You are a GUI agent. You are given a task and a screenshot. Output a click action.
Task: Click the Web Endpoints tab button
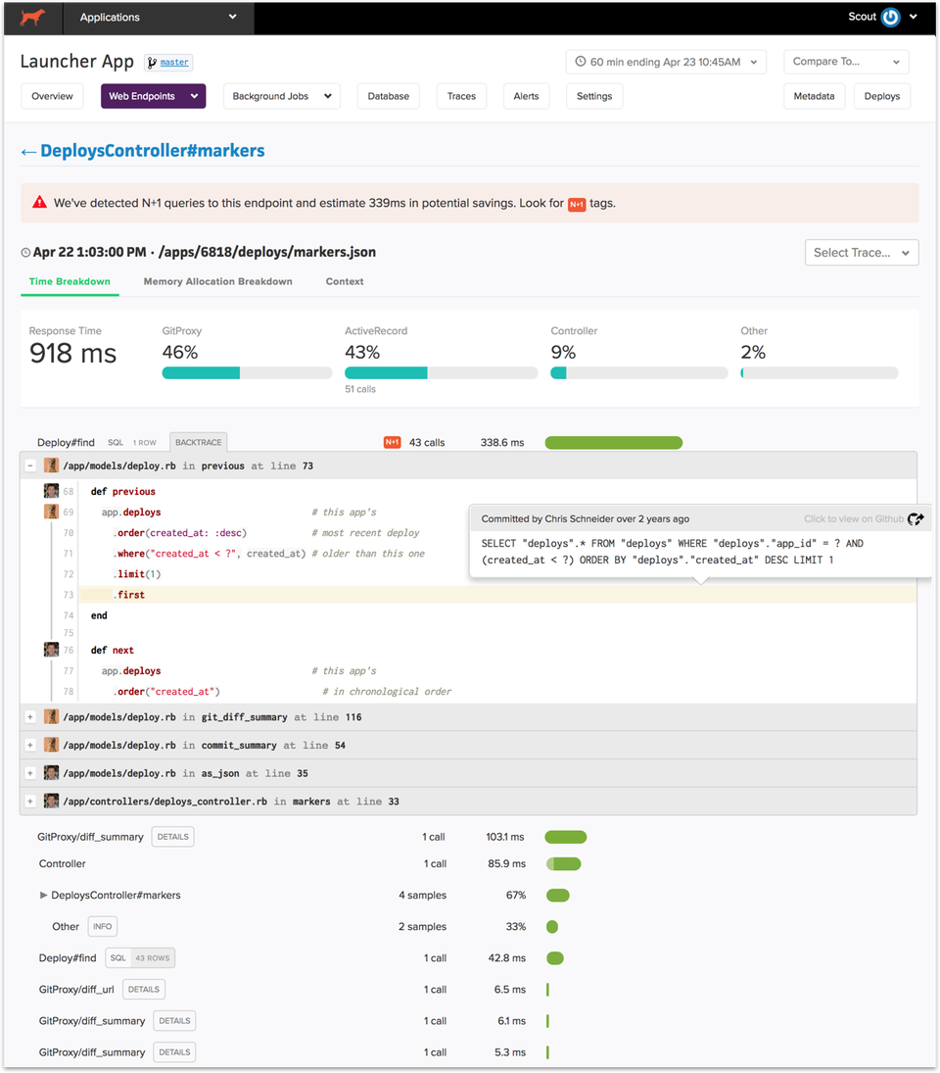pyautogui.click(x=153, y=96)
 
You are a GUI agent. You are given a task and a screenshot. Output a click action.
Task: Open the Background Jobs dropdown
pyautogui.click(x=281, y=96)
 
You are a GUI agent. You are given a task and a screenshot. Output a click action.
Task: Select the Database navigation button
pyautogui.click(x=389, y=96)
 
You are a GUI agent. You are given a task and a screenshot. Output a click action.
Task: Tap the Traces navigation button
pyautogui.click(x=461, y=96)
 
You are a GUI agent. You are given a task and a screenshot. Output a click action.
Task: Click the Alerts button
pyautogui.click(x=526, y=96)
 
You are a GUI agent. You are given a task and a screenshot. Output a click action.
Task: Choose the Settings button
pyautogui.click(x=594, y=96)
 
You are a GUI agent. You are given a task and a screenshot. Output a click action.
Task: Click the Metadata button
pyautogui.click(x=814, y=96)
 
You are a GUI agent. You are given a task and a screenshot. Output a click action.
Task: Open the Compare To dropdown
pyautogui.click(x=846, y=62)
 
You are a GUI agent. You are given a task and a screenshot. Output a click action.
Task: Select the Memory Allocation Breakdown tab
pyautogui.click(x=217, y=281)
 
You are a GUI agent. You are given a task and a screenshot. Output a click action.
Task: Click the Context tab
pyautogui.click(x=345, y=281)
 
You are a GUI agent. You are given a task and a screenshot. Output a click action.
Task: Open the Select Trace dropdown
pyautogui.click(x=862, y=253)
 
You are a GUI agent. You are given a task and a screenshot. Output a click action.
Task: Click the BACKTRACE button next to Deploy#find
pyautogui.click(x=199, y=443)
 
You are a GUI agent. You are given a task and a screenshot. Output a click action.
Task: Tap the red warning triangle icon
pyautogui.click(x=39, y=203)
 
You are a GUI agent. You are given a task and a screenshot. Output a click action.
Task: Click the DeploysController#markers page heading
pyautogui.click(x=152, y=151)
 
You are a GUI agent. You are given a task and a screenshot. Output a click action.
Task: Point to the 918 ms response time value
pyautogui.click(x=72, y=354)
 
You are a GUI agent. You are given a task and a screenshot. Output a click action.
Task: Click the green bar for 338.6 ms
pyautogui.click(x=613, y=443)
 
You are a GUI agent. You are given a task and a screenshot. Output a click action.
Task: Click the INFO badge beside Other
pyautogui.click(x=102, y=926)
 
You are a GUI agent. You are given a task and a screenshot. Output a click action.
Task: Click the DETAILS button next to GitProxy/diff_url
pyautogui.click(x=144, y=990)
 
